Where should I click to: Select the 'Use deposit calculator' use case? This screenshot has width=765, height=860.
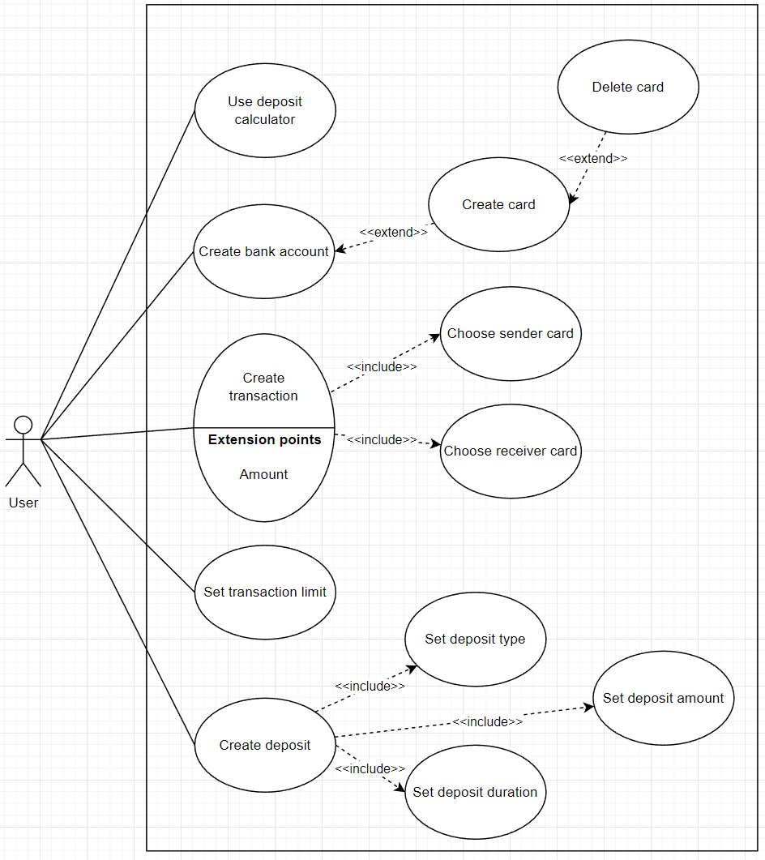tap(265, 110)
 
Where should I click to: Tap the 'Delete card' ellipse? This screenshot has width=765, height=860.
tap(628, 88)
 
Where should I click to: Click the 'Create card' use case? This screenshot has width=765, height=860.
tap(498, 205)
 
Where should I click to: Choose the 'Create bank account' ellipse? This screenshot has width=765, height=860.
tap(264, 252)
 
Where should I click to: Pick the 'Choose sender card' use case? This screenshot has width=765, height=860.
tap(511, 333)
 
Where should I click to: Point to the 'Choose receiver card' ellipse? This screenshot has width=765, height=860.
tap(511, 451)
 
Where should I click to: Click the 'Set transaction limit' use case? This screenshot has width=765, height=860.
tap(265, 593)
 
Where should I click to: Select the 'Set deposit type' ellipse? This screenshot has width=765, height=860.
tap(475, 640)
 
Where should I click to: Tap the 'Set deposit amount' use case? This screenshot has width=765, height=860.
tap(663, 699)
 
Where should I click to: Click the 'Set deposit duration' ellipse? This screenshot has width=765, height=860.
tap(475, 793)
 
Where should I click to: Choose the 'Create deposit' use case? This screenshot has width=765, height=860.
tap(265, 746)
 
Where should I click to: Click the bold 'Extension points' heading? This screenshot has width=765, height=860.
tap(265, 440)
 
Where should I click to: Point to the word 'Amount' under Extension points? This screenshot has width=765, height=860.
tap(263, 475)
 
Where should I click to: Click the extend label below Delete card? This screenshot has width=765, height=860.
tap(593, 159)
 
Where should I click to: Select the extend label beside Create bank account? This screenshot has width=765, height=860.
tap(393, 233)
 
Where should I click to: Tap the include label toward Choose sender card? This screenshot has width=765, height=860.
tap(382, 367)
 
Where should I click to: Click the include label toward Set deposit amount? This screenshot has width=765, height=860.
tap(487, 722)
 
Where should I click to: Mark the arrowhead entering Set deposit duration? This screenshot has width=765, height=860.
tap(400, 786)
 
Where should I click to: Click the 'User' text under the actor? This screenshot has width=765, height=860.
tap(24, 503)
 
